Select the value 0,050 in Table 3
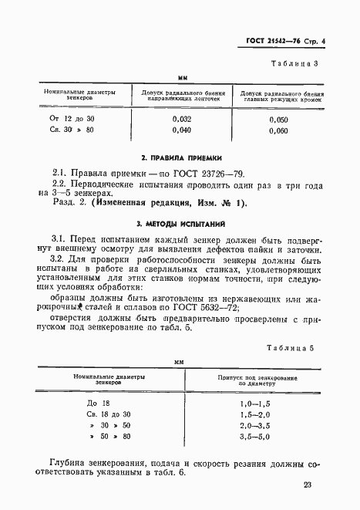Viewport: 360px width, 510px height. pos(279,120)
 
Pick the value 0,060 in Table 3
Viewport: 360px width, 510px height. pos(279,131)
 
